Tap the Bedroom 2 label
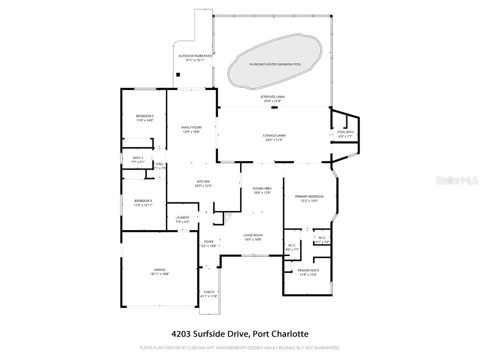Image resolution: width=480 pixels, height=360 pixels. tap(145, 116)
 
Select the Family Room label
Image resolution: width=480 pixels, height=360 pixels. tap(191, 127)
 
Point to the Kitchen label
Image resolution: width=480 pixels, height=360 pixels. tap(203, 181)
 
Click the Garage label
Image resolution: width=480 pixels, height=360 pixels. tap(160, 270)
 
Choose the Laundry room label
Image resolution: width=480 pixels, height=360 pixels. tap(182, 217)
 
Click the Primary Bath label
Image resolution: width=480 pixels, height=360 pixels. tap(308, 270)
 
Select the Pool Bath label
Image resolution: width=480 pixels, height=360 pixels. tap(345, 132)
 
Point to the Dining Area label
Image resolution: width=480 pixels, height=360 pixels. tap(262, 188)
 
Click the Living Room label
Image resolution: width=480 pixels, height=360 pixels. tap(253, 235)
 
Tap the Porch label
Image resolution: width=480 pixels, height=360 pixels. tap(209, 292)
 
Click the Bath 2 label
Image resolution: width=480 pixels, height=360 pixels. tap(138, 157)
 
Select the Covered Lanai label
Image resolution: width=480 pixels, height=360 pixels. tap(274, 135)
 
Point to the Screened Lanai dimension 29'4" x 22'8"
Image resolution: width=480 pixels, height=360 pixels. tap(274, 100)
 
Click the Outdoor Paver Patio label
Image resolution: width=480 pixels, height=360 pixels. tap(195, 56)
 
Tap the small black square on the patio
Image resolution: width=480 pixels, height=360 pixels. tap(178, 74)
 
